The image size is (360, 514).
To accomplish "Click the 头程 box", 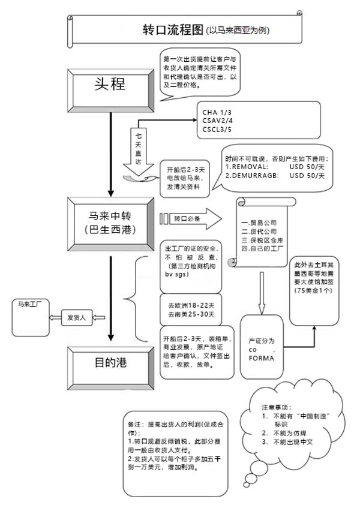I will coord(110,85).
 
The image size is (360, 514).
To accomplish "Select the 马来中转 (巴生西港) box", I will coord(110,221).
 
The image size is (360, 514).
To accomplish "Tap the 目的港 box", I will coord(110,363).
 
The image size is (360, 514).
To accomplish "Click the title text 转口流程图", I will coord(172,29).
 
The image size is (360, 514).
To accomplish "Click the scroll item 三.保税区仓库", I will coord(262,239).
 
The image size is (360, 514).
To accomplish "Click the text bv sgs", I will coord(177,274).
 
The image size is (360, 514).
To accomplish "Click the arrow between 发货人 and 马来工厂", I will coord(53,318).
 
